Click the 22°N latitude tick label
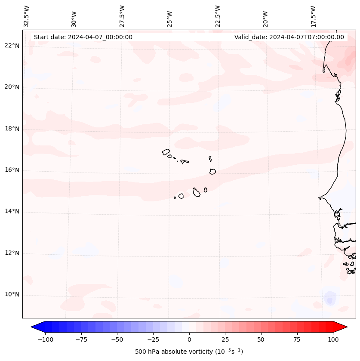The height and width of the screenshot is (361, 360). pos(12,46)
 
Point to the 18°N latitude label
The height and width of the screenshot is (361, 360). pos(12,129)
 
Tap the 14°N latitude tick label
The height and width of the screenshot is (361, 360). pos(12,211)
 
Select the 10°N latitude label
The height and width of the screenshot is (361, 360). pos(12,294)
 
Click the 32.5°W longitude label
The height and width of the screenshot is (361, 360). pos(27,16)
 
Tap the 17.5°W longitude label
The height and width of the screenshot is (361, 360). pos(313,16)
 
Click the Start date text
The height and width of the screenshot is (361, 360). pos(83,37)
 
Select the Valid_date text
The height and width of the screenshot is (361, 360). pos(289,37)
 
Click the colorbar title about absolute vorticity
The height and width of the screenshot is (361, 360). pos(189,352)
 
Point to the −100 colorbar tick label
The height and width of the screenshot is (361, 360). pos(45,339)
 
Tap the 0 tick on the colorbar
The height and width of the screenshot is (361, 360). pos(189,339)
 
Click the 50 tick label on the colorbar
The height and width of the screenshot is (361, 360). pos(261,339)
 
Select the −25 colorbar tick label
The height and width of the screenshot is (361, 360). pos(153,339)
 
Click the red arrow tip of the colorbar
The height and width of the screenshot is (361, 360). pos(344,327)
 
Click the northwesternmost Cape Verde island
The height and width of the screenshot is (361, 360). pos(166,152)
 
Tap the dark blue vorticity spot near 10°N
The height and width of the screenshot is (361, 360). pos(329,299)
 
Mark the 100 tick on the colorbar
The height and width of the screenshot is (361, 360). pos(332,339)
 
